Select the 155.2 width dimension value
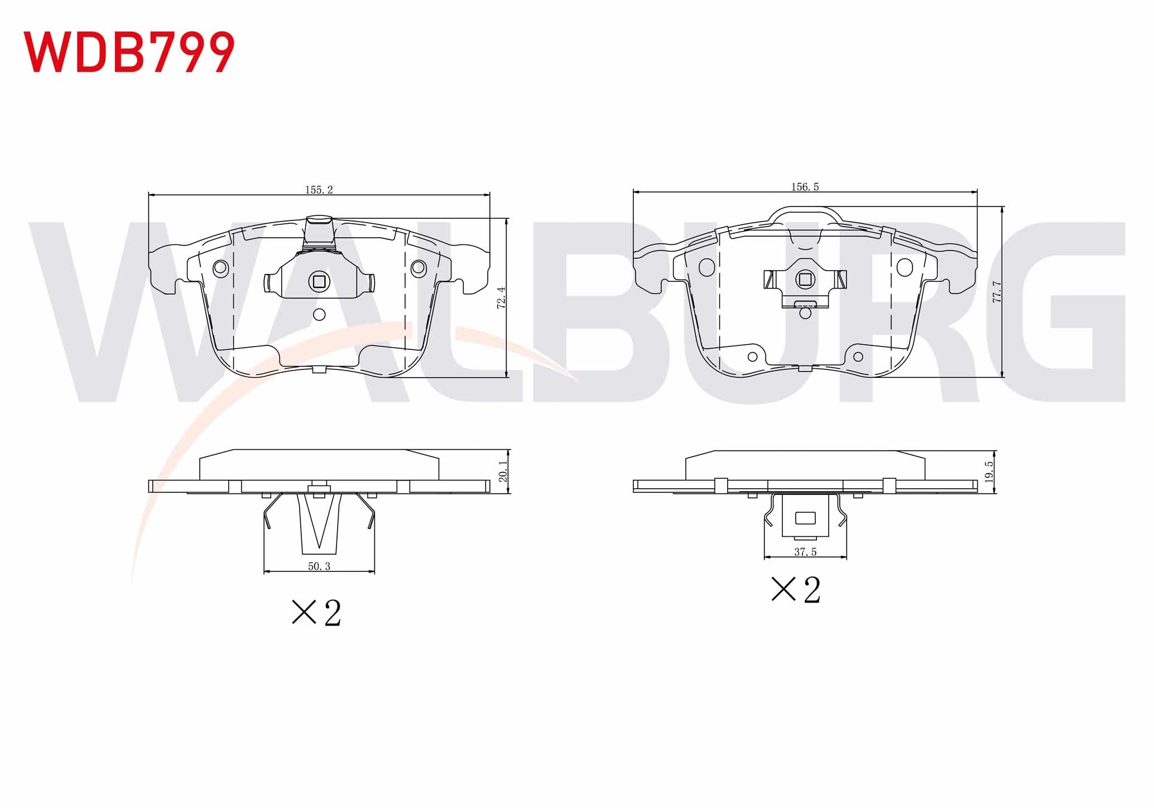coord(319,190)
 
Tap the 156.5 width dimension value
coord(805,187)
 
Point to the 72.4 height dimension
coord(502,297)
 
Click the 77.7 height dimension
coord(997,291)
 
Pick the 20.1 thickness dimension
coord(503,472)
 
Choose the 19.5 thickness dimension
coord(989,472)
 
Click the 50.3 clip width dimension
coord(319,566)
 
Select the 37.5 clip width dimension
coord(805,552)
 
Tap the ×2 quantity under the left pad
coord(316,613)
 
